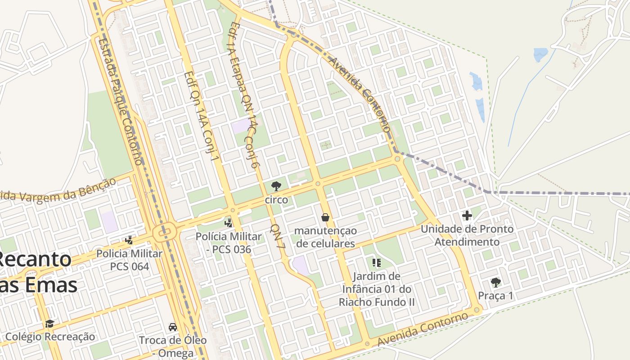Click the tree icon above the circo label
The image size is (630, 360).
276,186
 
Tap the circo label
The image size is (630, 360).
276,199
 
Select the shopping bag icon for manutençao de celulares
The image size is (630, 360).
325,217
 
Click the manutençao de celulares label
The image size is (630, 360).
325,237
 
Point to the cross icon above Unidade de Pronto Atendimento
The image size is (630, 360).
467,216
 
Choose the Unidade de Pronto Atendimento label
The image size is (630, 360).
467,235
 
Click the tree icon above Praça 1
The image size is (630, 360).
495,283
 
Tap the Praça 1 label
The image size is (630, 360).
495,296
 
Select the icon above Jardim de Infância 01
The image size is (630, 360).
377,262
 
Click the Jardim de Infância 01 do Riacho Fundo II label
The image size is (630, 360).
377,289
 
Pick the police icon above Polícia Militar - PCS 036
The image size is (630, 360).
229,222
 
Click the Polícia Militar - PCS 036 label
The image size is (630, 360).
229,243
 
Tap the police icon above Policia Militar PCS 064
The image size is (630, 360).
129,240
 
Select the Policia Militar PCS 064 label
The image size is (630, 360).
129,260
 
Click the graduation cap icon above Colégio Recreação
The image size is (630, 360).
49,324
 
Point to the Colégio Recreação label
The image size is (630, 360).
50,337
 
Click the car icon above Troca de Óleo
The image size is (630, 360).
172,326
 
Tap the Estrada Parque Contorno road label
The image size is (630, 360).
120,101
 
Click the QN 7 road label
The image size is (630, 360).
278,237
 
